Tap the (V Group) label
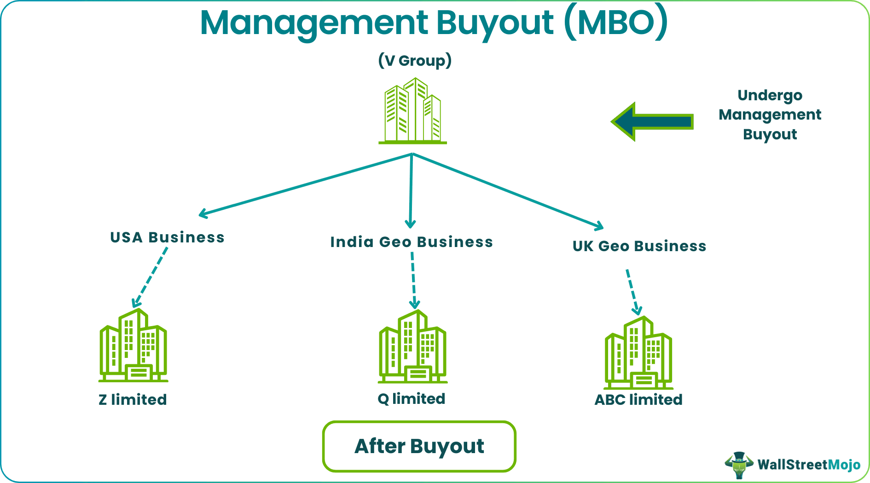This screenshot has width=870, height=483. (415, 61)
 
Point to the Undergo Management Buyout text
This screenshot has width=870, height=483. (770, 115)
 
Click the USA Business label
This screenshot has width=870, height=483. (167, 237)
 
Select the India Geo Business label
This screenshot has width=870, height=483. (412, 242)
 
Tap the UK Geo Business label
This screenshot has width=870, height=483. (639, 246)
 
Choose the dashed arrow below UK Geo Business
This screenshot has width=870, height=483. (632, 292)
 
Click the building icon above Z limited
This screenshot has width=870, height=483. (133, 346)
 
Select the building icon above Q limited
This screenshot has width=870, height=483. (412, 347)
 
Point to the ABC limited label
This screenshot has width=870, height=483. (638, 399)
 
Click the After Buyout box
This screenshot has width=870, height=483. (419, 446)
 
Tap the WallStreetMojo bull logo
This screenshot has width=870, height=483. (738, 465)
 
